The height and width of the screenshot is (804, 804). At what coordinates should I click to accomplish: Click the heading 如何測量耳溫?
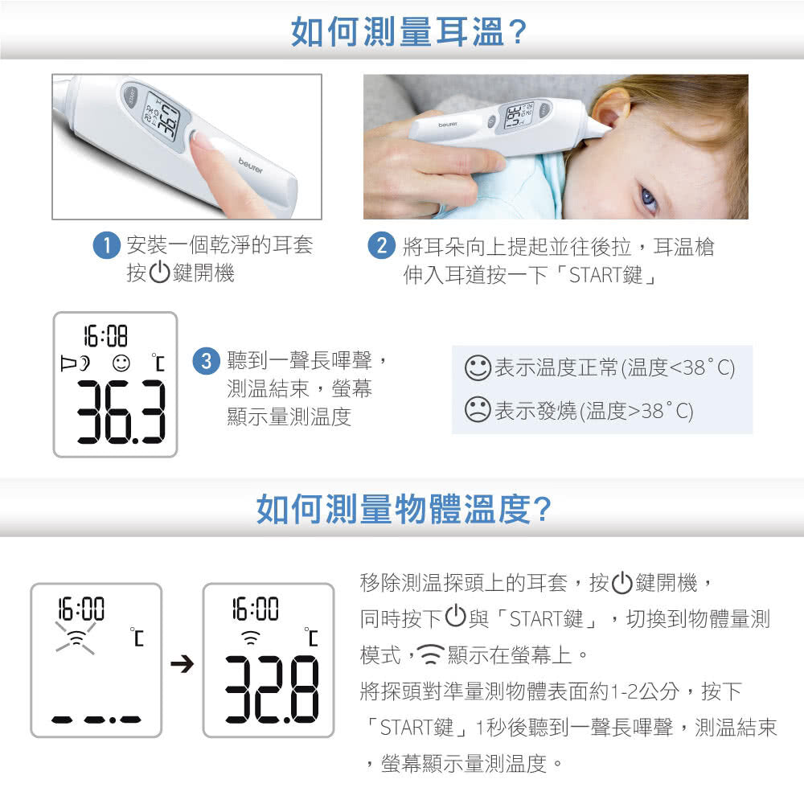tap(408, 32)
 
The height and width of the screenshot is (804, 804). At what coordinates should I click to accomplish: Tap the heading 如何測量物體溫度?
tap(404, 509)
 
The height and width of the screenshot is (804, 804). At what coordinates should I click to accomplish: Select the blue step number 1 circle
tap(106, 245)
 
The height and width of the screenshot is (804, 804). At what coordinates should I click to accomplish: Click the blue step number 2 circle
tap(381, 245)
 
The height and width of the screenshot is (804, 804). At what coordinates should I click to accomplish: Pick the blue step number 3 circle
tap(206, 361)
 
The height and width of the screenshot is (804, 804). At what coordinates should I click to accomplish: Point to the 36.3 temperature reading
tap(121, 412)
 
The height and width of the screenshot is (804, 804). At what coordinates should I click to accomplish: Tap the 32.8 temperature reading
tap(273, 690)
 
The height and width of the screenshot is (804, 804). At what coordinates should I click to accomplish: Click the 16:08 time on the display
tap(105, 336)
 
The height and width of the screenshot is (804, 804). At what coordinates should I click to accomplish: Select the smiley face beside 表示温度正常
tap(478, 367)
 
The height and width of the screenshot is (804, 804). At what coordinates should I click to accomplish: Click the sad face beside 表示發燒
tap(478, 410)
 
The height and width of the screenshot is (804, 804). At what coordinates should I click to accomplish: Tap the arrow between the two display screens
tap(182, 664)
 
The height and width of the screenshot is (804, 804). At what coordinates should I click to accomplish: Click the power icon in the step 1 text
tap(159, 272)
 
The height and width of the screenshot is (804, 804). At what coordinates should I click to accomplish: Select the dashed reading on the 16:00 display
tap(96, 720)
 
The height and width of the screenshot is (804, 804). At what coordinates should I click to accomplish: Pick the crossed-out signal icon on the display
tap(76, 638)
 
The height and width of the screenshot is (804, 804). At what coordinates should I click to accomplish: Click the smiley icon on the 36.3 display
tap(121, 363)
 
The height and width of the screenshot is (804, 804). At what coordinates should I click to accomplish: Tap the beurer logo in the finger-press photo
tap(251, 166)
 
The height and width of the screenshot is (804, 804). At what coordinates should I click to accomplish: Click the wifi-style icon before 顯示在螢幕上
tap(431, 654)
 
